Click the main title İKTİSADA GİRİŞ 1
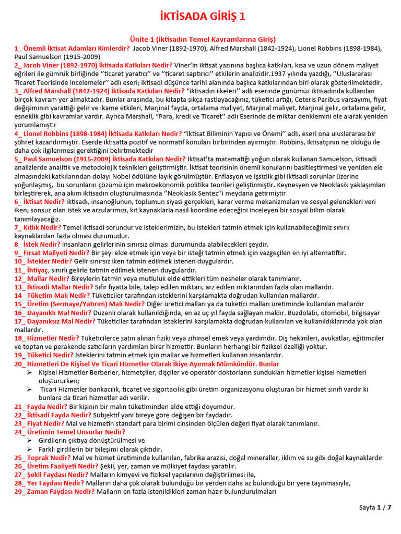pos(202,17)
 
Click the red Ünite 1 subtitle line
pos(202,40)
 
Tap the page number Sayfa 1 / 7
pos(375,507)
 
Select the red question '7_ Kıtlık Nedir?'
pos(38,227)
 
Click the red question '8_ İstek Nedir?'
pos(38,244)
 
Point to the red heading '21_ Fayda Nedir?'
pos(41,407)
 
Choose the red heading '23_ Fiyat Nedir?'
pos(40,423)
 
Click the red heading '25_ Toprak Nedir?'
pos(42,457)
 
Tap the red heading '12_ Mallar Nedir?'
pos(42,278)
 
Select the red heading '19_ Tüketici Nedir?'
pos(46,355)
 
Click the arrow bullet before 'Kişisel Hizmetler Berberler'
pos(29,372)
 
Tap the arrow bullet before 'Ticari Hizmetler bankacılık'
pos(29,390)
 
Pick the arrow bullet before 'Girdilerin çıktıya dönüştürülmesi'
pos(29,440)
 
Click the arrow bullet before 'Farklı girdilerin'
pos(29,449)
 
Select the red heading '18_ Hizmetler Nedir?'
pos(47,338)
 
